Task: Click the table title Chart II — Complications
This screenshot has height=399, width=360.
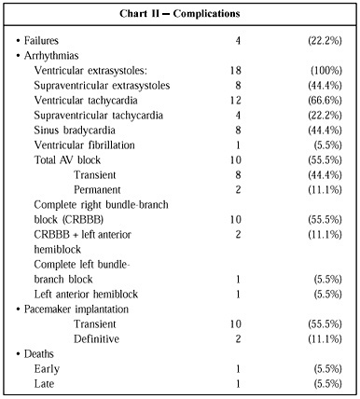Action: pos(180,14)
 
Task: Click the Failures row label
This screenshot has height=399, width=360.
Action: pos(41,41)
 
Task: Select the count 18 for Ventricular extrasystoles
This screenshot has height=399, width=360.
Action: pos(235,71)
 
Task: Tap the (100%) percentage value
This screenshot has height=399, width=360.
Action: pos(326,71)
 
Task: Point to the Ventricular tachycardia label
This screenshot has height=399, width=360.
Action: pos(86,101)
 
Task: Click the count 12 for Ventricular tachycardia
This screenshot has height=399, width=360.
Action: pos(235,101)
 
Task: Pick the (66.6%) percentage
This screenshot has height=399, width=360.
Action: pos(325,101)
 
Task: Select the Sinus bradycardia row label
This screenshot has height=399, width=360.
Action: pos(75,131)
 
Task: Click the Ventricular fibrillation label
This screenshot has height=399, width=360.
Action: pos(85,145)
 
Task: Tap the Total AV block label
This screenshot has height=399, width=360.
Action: pos(67,160)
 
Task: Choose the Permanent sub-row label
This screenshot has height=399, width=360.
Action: pos(97,190)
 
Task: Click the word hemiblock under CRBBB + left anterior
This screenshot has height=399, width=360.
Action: pos(58,250)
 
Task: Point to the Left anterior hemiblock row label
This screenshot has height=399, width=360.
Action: pos(86,295)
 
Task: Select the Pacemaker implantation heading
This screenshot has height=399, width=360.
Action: pos(76,310)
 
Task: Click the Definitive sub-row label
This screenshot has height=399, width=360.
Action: pos(96,339)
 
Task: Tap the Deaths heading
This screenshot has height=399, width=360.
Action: pos(39,354)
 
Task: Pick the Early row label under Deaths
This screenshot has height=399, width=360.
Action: pos(47,369)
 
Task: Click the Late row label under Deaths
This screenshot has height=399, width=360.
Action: pos(44,384)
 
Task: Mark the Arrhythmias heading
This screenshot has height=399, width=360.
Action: pos(51,56)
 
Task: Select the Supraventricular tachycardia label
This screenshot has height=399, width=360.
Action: pos(99,116)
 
